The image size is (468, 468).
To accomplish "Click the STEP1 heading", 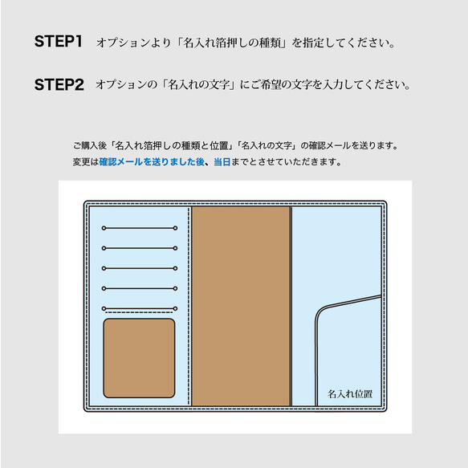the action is click(x=59, y=41).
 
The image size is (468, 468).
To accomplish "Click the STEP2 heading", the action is click(x=59, y=85).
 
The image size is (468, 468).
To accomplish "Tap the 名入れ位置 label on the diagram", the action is click(x=350, y=394).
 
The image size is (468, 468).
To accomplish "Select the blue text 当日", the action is click(x=222, y=162).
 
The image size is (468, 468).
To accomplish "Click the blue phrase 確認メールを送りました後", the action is click(x=152, y=162).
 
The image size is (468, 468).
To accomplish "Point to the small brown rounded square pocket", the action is click(x=139, y=358).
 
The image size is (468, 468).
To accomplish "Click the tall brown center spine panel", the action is click(x=241, y=306).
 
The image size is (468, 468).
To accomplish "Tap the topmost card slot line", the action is click(x=140, y=228).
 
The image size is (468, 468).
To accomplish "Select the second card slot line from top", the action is click(x=140, y=248).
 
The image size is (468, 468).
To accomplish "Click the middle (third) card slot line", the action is click(x=140, y=268).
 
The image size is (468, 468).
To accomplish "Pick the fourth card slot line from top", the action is click(x=140, y=288).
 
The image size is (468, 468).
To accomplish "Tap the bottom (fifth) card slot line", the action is click(x=140, y=308).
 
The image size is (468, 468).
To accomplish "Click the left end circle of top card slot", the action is click(x=104, y=228).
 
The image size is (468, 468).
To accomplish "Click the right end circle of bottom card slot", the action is click(x=175, y=308).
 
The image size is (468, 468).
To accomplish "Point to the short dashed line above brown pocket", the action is click(x=139, y=312).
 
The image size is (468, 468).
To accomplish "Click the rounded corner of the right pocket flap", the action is click(x=320, y=311).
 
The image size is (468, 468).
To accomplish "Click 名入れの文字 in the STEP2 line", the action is click(x=198, y=85).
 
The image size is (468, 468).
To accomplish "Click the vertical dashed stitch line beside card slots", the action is click(x=189, y=306).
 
